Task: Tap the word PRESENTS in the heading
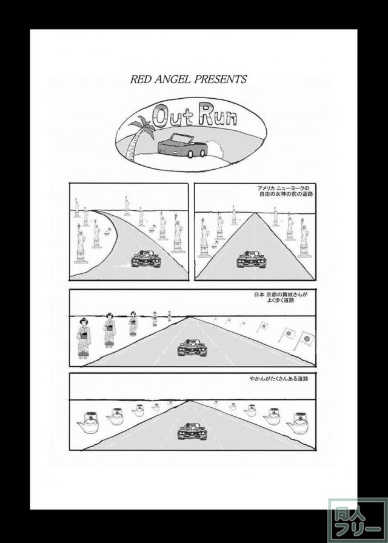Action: click(216, 79)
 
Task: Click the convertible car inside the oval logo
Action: click(182, 145)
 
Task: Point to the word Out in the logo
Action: click(172, 116)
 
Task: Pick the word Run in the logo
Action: click(218, 116)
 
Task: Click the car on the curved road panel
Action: click(146, 258)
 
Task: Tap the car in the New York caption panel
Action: click(251, 259)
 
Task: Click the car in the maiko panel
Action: click(192, 347)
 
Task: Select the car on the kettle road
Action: click(192, 431)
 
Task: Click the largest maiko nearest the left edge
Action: click(84, 338)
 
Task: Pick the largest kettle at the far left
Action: click(88, 422)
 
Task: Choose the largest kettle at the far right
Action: click(297, 423)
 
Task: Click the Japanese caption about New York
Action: click(285, 191)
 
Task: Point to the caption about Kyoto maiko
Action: click(281, 297)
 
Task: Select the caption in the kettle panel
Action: click(279, 379)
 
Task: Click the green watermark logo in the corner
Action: click(358, 520)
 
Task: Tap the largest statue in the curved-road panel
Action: click(81, 243)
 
